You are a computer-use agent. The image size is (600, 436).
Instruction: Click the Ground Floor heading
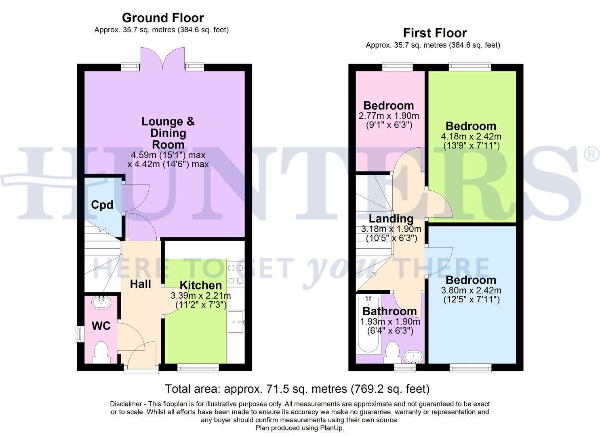point(162,18)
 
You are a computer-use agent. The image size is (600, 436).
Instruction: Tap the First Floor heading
point(435,33)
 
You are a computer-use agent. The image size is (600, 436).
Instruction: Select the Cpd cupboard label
point(102,205)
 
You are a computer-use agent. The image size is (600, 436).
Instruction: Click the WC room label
point(101,326)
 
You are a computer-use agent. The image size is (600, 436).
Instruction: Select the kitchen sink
point(236,322)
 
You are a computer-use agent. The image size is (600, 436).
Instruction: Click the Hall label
point(140,284)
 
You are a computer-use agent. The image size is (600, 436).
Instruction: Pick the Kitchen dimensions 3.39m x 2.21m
point(200,296)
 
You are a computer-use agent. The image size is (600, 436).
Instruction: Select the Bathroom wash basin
point(413,357)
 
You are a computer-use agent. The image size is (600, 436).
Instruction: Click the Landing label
point(391,219)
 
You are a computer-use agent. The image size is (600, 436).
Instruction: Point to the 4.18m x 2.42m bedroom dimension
point(471,136)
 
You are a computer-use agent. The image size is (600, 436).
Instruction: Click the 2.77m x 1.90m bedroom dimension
point(389,116)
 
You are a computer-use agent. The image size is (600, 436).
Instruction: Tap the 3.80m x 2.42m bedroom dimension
point(471,290)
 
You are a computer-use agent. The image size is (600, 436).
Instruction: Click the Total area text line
point(297,389)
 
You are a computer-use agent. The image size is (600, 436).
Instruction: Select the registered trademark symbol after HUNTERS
point(592,155)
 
